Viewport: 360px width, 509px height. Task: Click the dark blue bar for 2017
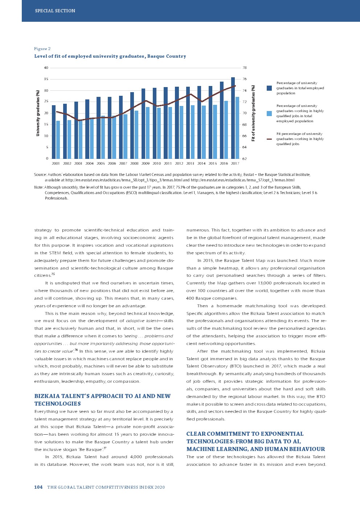pyautogui.click(x=233, y=118)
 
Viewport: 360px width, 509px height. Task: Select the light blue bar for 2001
pyautogui.click(x=58, y=140)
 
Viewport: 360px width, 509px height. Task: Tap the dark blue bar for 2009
pyautogui.click(x=143, y=123)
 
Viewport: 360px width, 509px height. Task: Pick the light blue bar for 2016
pyautogui.click(x=226, y=130)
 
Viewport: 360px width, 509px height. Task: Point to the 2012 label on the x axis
pyautogui.click(x=179, y=164)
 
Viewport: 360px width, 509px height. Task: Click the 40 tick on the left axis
pyautogui.click(x=46, y=68)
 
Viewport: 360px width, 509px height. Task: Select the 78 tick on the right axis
pyautogui.click(x=245, y=68)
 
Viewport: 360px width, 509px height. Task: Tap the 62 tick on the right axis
pyautogui.click(x=245, y=159)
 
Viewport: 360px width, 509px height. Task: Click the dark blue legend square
pyautogui.click(x=269, y=88)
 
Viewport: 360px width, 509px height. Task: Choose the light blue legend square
pyautogui.click(x=269, y=114)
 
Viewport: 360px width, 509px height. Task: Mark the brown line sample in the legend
pyautogui.click(x=269, y=139)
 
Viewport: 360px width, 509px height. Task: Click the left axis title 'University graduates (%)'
pyautogui.click(x=38, y=113)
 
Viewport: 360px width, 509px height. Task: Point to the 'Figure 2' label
pyautogui.click(x=42, y=49)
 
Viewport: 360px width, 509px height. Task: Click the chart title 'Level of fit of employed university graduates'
pyautogui.click(x=110, y=56)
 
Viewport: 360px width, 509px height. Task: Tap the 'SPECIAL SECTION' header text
pyautogui.click(x=55, y=11)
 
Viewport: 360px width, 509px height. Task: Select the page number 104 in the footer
pyautogui.click(x=38, y=487)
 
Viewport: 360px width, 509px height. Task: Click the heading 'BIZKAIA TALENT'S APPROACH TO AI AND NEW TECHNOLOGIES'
pyautogui.click(x=102, y=400)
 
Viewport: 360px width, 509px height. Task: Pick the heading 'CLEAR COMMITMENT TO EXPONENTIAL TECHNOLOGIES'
pyautogui.click(x=255, y=441)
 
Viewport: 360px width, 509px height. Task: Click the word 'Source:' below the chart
pyautogui.click(x=40, y=175)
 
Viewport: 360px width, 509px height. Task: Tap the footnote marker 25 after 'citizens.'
pyautogui.click(x=53, y=274)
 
